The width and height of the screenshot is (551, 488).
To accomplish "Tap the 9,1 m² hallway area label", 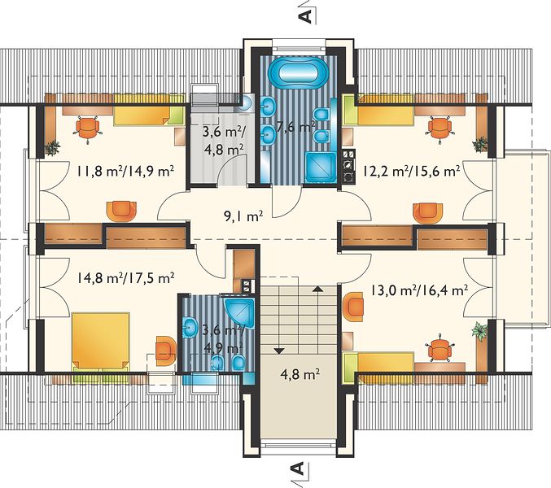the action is pyautogui.click(x=243, y=216).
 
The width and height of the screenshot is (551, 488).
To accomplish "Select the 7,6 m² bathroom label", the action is pyautogui.click(x=295, y=127).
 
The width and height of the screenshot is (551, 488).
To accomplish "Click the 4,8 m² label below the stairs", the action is pyautogui.click(x=300, y=374).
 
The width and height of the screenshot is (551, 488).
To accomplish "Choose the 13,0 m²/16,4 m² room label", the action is pyautogui.click(x=419, y=290).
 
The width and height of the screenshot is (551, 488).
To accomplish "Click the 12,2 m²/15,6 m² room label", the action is pyautogui.click(x=412, y=172).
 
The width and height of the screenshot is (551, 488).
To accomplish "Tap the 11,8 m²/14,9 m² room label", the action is pyautogui.click(x=126, y=172).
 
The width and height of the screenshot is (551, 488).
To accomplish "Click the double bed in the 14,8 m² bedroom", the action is pyautogui.click(x=100, y=341).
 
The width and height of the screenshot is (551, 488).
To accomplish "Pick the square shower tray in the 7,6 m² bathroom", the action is pyautogui.click(x=321, y=167).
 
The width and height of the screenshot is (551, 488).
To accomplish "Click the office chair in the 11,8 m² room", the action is pyautogui.click(x=88, y=129).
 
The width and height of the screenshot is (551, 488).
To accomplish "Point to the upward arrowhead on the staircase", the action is pyautogui.click(x=318, y=289).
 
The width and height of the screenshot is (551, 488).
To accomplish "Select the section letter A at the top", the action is pyautogui.click(x=306, y=16).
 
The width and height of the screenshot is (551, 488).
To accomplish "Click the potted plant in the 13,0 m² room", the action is pyautogui.click(x=479, y=329).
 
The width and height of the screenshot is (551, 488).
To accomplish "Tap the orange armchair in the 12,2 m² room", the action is pyautogui.click(x=427, y=213).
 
